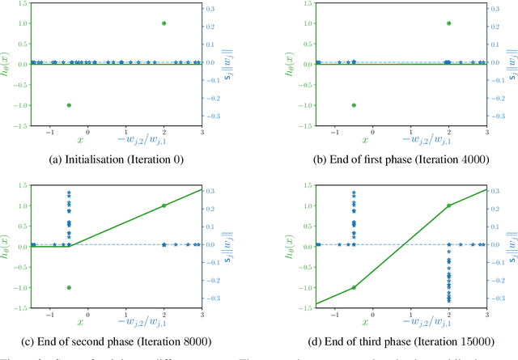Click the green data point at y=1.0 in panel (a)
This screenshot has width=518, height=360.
(x=164, y=23)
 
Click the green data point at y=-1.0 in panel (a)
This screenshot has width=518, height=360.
(x=69, y=105)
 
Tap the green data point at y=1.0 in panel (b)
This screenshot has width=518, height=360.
(x=449, y=23)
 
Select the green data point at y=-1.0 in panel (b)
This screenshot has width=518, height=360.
(x=354, y=105)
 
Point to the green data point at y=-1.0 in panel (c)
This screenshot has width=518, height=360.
(x=69, y=287)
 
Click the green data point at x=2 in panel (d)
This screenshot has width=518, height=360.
(x=449, y=205)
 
